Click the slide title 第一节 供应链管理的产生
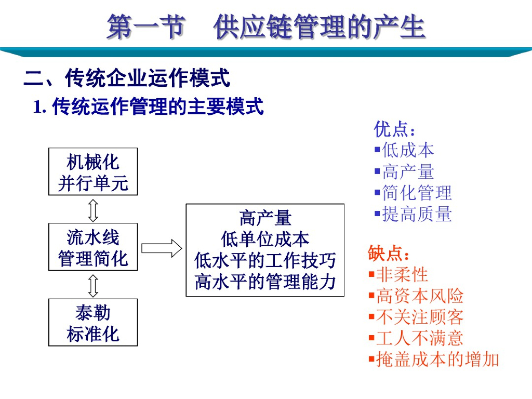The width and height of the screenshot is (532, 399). [266, 27]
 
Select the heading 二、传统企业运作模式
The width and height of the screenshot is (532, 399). [127, 79]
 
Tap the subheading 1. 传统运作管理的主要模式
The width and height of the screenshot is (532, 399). [149, 107]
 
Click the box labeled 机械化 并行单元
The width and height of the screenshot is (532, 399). [93, 171]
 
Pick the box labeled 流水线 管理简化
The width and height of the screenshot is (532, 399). [93, 247]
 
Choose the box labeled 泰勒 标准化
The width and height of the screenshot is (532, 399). [93, 322]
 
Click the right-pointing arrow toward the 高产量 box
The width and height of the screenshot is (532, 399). [162, 248]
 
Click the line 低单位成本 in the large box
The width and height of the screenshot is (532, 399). [265, 240]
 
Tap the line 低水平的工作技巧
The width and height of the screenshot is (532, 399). [265, 260]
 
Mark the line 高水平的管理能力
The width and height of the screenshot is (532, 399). [265, 282]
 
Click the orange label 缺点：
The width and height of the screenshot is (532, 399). [389, 254]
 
